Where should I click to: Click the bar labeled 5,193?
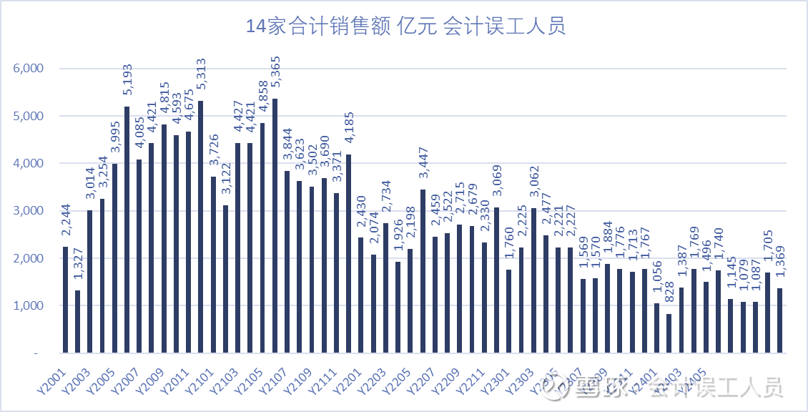[127, 229]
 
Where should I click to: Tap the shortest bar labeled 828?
[669, 333]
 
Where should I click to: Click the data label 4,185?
[349, 126]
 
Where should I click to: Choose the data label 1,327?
[77, 262]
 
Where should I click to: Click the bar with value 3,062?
[534, 280]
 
